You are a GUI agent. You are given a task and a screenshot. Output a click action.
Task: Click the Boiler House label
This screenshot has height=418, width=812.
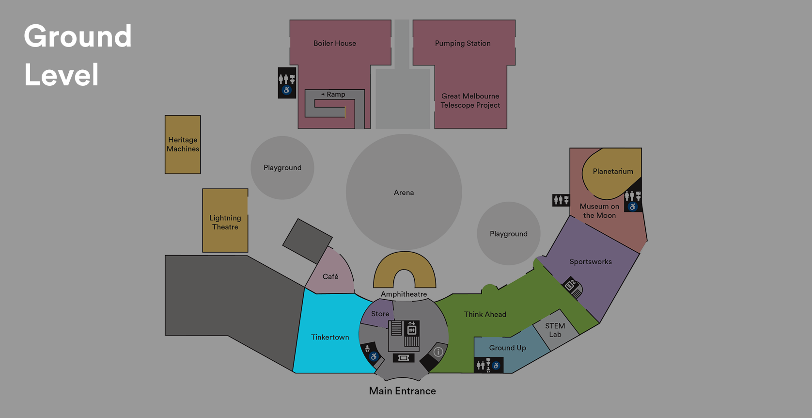click(335, 43)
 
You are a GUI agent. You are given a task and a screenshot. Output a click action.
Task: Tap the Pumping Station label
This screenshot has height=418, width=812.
click(463, 43)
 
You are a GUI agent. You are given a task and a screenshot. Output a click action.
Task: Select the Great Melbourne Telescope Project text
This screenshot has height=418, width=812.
click(470, 100)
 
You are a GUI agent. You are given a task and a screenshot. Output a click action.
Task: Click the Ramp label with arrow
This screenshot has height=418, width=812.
click(333, 95)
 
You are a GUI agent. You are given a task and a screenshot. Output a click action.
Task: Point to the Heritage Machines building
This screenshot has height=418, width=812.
click(183, 145)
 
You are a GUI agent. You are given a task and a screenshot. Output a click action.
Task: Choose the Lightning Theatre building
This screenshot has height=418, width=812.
click(225, 220)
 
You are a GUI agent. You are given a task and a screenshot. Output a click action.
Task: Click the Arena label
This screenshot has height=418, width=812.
click(404, 193)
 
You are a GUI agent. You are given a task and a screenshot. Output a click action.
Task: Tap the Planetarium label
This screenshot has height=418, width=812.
click(613, 171)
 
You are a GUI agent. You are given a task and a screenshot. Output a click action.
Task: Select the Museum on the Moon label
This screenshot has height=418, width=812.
click(600, 211)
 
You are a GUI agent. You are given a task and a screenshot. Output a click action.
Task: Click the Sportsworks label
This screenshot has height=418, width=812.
click(591, 261)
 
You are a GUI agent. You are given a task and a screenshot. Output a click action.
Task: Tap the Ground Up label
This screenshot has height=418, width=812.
click(508, 348)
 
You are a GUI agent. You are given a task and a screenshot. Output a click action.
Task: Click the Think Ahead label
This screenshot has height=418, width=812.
click(485, 314)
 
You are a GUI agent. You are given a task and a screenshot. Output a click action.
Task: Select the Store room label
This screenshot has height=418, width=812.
click(380, 314)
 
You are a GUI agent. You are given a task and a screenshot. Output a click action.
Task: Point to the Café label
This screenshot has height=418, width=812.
click(330, 276)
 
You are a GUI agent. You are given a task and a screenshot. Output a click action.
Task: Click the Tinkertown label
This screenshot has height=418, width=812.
click(330, 337)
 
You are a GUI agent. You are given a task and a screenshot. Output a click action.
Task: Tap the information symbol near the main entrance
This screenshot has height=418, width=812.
click(438, 352)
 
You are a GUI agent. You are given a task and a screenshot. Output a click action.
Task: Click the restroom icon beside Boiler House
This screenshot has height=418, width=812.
click(287, 83)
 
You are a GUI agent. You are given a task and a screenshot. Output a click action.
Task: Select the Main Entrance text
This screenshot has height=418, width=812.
click(403, 391)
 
